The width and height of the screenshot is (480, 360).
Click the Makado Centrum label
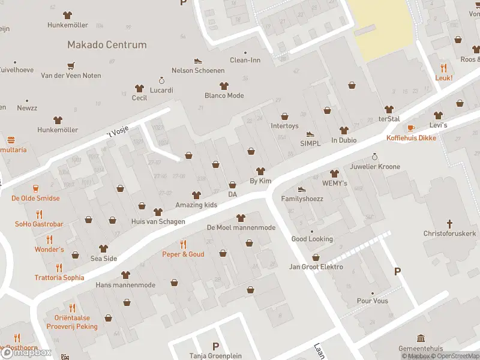pos(107,45)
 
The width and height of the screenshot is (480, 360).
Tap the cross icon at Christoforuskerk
pos(450,223)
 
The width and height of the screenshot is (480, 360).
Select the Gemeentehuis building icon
pos(421,338)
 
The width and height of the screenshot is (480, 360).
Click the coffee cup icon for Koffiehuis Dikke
pos(411,128)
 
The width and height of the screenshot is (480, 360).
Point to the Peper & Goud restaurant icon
pos(183,244)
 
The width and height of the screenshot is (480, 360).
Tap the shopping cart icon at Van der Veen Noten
pos(71,66)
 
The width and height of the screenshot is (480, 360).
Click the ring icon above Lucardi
pos(161,80)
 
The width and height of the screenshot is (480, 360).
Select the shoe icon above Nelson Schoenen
pos(198,61)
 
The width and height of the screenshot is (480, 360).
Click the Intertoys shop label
pos(284,126)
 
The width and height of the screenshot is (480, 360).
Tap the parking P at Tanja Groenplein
pos(215,346)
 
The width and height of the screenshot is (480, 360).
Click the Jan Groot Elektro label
pos(316,267)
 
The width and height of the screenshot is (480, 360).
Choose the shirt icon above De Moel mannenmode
pos(241,218)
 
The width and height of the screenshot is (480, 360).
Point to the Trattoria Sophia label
pos(59,278)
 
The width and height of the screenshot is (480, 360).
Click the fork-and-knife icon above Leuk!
pos(444,68)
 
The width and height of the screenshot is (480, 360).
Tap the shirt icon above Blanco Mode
pos(224,86)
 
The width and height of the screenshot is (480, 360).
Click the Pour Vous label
pos(372,301)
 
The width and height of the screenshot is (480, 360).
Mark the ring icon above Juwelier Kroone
pos(376,157)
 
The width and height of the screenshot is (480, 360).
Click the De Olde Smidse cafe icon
pos(35,188)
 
